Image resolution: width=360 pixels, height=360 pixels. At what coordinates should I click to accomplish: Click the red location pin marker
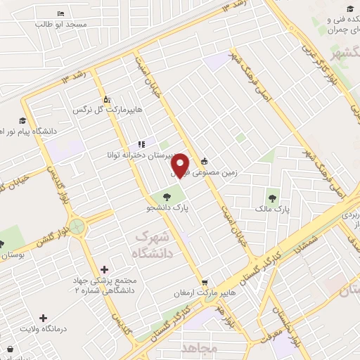tap(181, 165)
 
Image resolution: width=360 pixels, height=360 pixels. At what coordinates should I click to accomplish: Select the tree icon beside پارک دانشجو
tap(167, 197)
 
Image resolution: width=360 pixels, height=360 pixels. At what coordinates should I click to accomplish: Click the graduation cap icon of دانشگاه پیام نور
tap(22, 120)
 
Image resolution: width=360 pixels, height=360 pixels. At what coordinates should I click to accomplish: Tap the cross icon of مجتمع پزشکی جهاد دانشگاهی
tap(105, 269)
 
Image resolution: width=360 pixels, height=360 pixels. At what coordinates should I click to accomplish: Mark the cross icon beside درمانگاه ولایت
tap(44, 318)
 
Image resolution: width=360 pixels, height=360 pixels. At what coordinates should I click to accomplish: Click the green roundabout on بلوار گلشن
tap(77, 227)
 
